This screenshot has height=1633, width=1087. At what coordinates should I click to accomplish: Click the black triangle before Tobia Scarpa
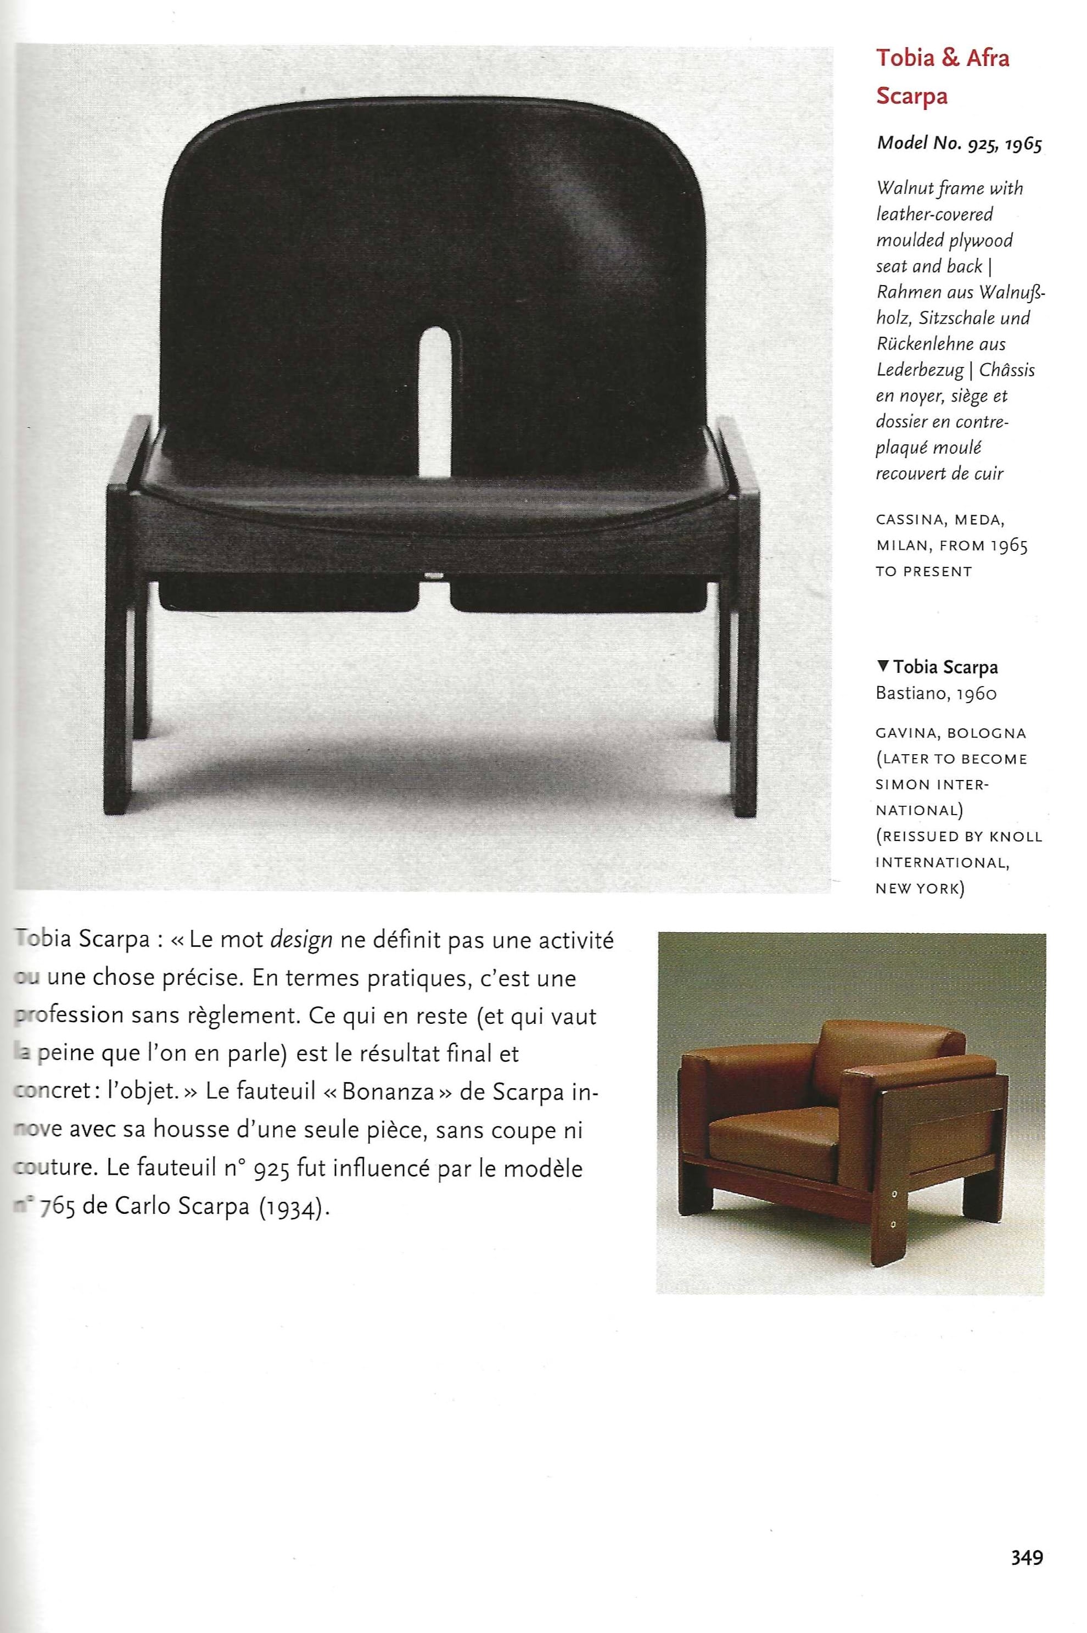(x=882, y=666)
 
